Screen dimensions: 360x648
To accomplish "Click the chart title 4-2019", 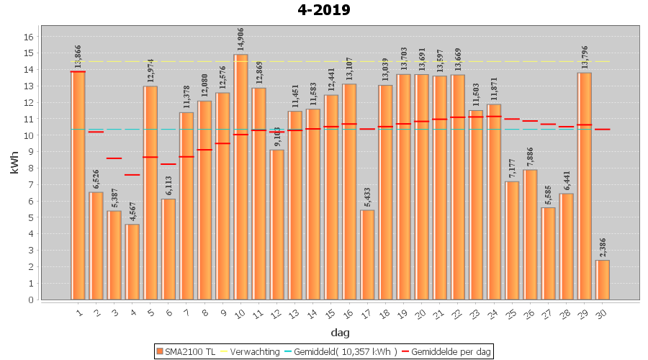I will (323, 10).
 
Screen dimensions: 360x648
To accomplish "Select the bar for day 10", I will (240, 176).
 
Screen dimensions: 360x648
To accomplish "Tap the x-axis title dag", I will (340, 332).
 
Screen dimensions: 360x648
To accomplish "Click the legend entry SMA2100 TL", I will (186, 351).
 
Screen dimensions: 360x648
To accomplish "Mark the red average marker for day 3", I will (114, 158).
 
